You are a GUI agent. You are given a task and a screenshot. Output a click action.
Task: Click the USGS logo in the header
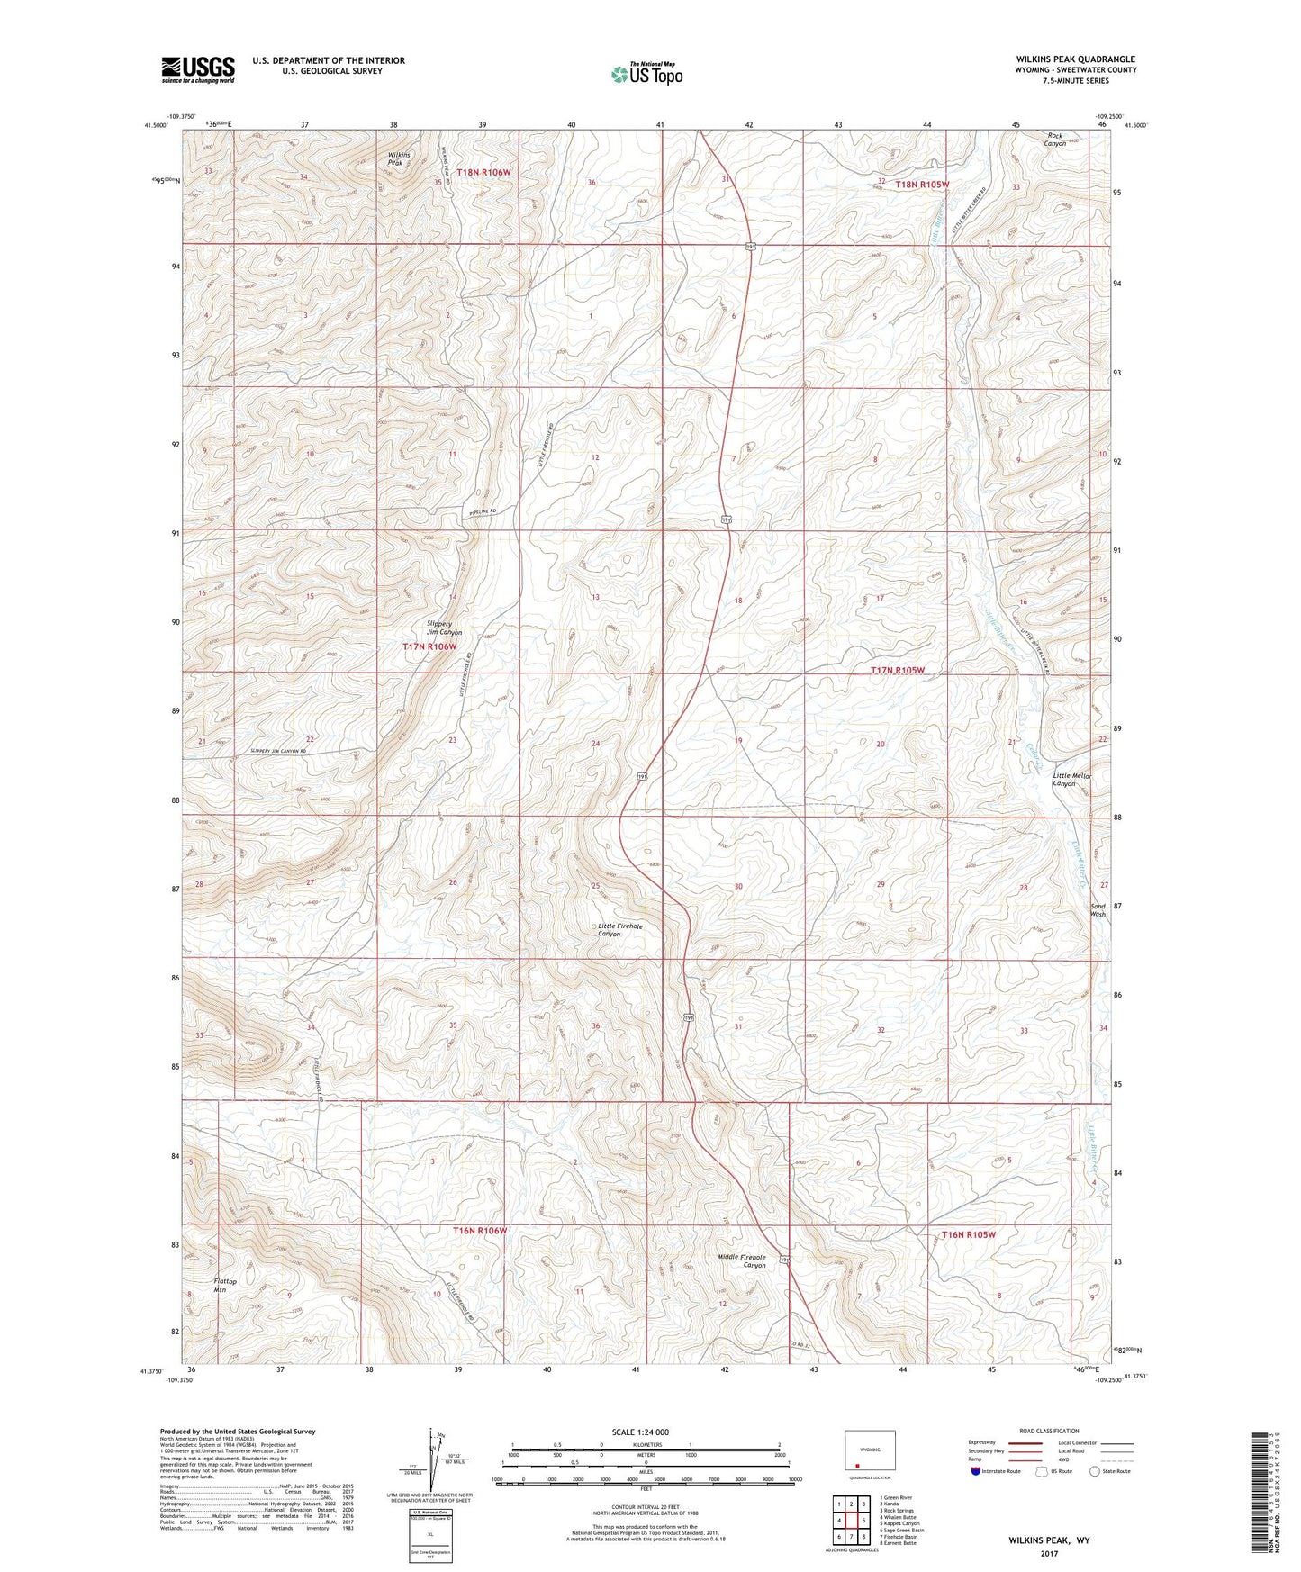pos(198,69)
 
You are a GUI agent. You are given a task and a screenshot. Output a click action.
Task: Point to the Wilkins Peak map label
pos(399,159)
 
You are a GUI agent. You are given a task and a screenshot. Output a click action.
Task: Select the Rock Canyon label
pos(1055,140)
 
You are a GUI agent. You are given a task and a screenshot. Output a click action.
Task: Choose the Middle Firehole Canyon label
pos(741,1260)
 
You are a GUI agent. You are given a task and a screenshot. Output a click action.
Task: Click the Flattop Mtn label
pos(225,1285)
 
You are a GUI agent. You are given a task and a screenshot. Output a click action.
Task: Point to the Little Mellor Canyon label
pos(1071,780)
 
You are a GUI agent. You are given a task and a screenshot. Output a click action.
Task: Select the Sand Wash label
pos(1098,910)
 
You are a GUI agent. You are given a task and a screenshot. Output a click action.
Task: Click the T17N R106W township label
pos(429,646)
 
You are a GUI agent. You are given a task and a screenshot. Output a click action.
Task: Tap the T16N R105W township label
pos(968,1234)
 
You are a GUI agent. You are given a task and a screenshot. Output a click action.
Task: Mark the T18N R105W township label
pos(922,184)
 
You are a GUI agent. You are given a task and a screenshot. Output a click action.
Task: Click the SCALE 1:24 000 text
pos(640,1432)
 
